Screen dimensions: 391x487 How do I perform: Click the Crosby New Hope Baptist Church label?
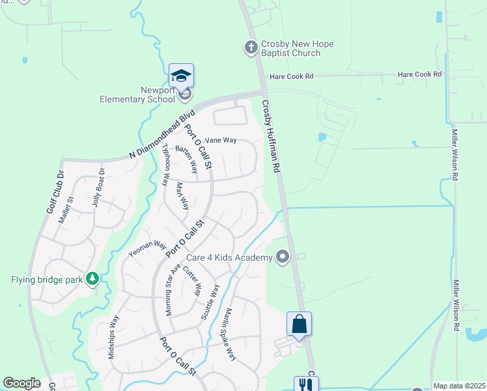(297, 48)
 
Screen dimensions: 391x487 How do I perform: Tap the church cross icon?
(251, 47)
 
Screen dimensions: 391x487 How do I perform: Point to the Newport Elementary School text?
(138, 95)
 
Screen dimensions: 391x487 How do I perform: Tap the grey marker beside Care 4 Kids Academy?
(282, 257)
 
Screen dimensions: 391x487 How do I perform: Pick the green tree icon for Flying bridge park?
(92, 280)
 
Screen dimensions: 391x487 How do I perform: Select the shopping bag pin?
(299, 324)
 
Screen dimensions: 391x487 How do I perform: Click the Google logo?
(21, 383)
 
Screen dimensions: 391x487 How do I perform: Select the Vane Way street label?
(221, 140)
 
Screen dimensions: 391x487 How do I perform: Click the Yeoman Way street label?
(147, 248)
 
